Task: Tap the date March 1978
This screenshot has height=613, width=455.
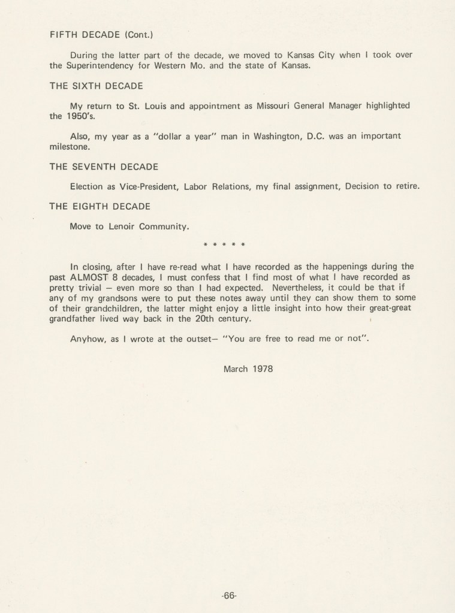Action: (x=248, y=369)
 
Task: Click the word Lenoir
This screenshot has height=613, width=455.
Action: (x=125, y=227)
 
